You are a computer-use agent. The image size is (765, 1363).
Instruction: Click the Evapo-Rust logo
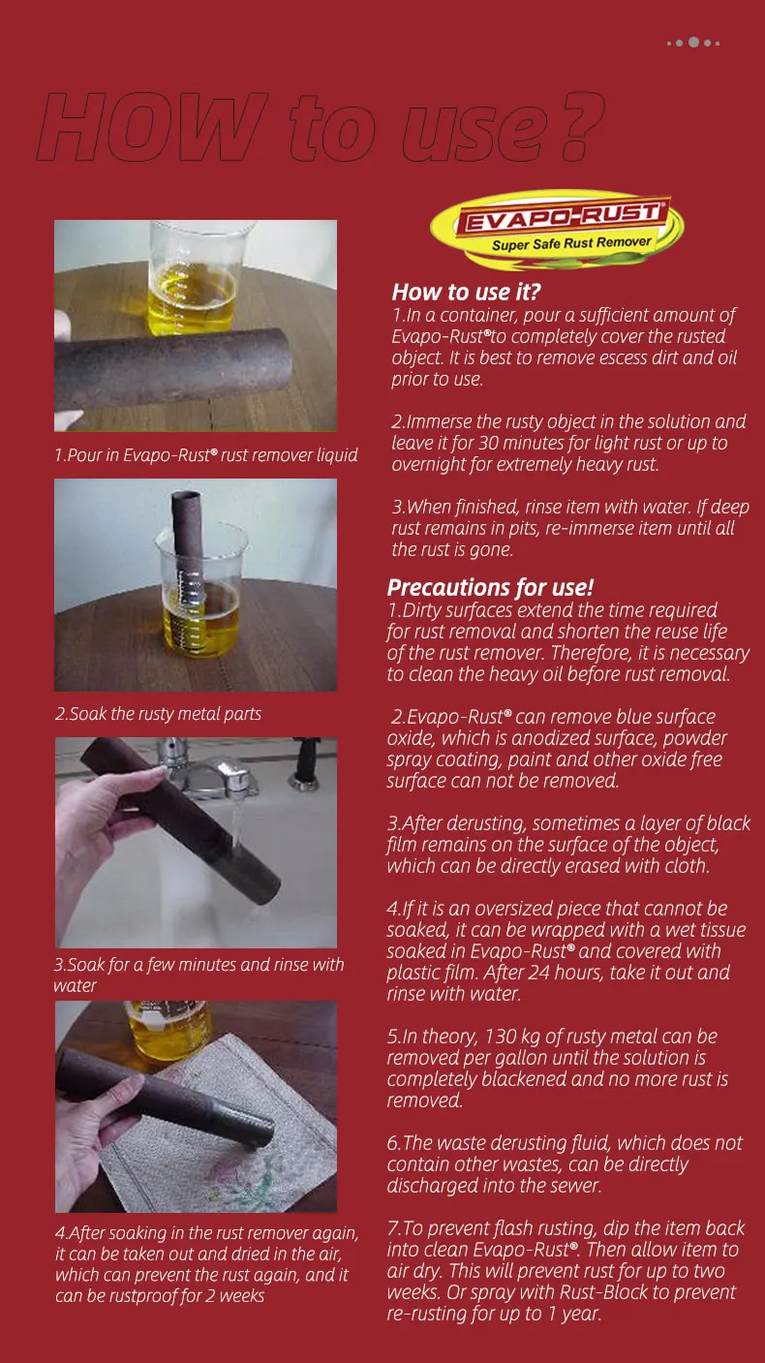[x=557, y=230]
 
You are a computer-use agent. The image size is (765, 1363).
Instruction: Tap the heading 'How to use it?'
[x=466, y=293]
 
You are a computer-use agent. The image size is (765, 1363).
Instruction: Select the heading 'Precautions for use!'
[x=490, y=587]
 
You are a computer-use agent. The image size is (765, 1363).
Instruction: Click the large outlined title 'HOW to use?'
[x=321, y=126]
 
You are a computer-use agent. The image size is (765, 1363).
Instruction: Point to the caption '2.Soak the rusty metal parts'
[x=158, y=714]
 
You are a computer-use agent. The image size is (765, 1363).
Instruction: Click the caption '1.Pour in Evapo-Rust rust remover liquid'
[x=206, y=455]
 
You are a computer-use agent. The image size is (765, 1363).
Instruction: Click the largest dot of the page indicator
[x=693, y=42]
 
